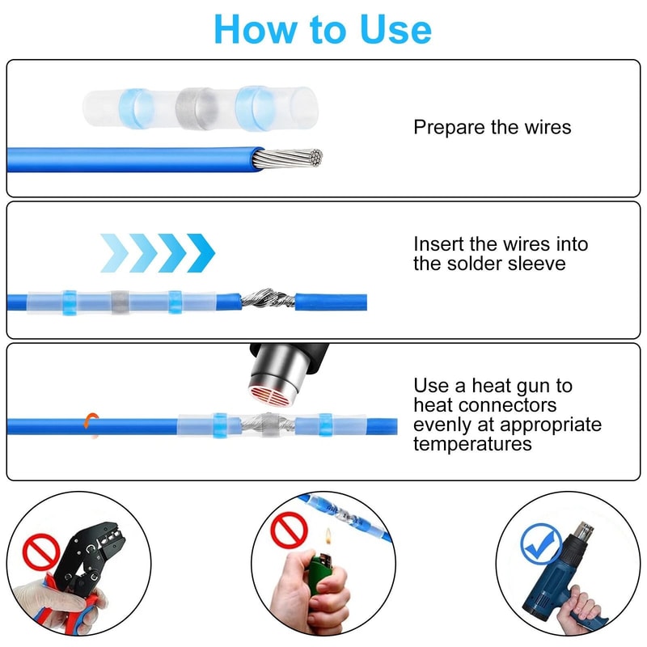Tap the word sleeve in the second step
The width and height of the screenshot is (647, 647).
536,264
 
